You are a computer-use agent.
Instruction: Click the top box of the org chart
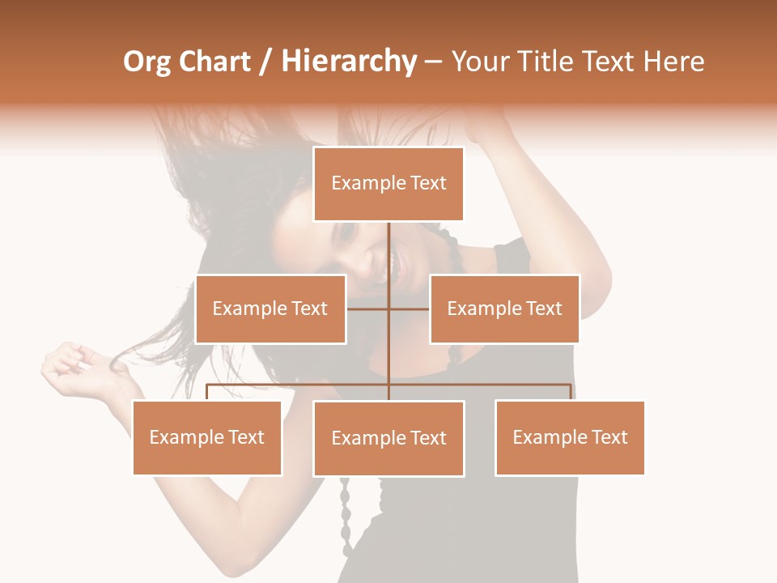(x=388, y=184)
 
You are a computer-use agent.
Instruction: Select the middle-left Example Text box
(x=270, y=309)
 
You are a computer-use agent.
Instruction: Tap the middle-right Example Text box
(x=504, y=309)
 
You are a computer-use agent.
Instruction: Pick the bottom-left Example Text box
(x=207, y=437)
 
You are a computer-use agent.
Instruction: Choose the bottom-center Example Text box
(x=388, y=438)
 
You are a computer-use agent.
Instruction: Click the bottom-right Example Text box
(x=570, y=437)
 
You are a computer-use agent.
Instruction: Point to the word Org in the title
(x=146, y=62)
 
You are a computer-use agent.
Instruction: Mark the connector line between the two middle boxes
(x=388, y=309)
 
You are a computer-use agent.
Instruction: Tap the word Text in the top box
(x=428, y=183)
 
